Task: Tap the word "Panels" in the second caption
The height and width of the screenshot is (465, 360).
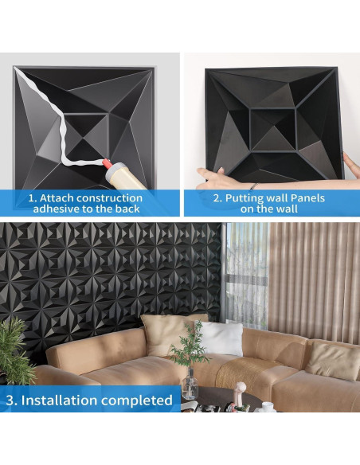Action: pos(304,197)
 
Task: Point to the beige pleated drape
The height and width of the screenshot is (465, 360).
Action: pos(315,279)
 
